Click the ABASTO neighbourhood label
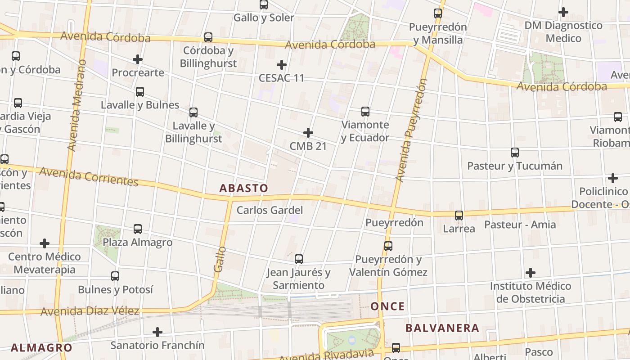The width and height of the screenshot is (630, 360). click(x=243, y=188)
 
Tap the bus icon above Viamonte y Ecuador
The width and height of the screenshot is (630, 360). click(x=365, y=111)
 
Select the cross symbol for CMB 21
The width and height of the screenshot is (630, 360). click(x=308, y=133)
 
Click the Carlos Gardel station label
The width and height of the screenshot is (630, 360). click(x=270, y=210)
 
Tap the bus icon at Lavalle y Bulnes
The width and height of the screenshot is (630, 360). click(x=140, y=92)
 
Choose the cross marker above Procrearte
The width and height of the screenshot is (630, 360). click(x=138, y=59)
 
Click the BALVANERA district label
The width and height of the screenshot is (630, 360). click(x=442, y=328)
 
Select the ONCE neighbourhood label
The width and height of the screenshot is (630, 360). click(x=387, y=306)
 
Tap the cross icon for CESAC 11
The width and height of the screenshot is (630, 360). click(x=282, y=65)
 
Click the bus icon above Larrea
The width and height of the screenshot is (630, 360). click(x=459, y=216)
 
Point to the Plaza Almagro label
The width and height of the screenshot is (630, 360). click(x=138, y=242)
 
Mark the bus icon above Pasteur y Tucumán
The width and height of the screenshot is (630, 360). click(x=515, y=153)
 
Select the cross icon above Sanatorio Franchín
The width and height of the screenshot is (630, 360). click(x=157, y=332)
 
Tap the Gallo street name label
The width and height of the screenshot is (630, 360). click(x=219, y=259)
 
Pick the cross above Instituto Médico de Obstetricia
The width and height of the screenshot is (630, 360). click(x=531, y=273)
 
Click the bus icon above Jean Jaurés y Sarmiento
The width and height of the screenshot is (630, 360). click(x=299, y=259)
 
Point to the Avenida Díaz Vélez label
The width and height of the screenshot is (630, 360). click(x=90, y=311)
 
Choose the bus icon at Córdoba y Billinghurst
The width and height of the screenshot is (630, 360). click(x=208, y=37)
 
